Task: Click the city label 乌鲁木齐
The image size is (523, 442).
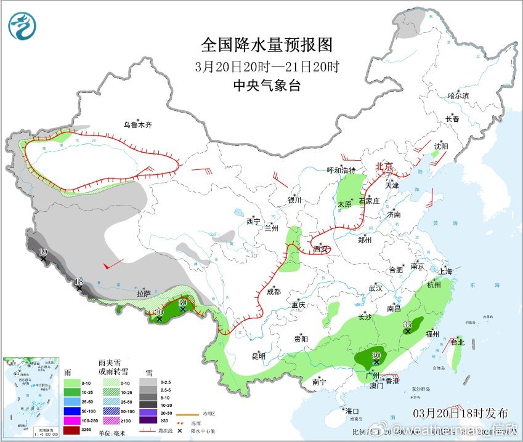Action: [137, 125]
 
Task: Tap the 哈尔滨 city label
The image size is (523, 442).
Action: [458, 96]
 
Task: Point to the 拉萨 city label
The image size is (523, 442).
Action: [144, 294]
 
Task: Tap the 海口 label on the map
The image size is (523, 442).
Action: [352, 411]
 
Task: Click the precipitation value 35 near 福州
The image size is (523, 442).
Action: [407, 324]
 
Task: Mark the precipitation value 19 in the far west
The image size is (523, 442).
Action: [43, 252]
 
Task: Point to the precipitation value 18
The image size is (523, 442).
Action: [78, 281]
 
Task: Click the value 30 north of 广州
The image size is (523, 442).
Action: [376, 355]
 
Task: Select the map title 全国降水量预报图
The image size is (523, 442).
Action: [267, 45]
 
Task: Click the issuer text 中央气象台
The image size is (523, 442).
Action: [267, 86]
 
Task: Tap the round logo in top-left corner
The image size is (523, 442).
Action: [23, 26]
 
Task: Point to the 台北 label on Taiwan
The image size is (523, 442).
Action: [457, 342]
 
